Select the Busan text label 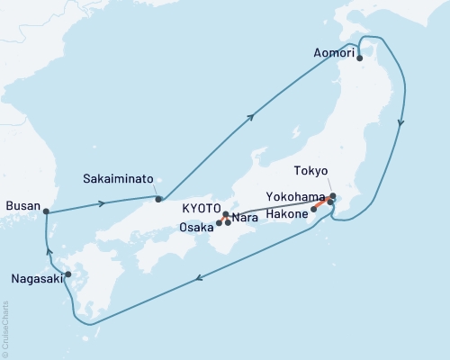pyautogui.click(x=22, y=206)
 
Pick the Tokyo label pyautogui.click(x=310, y=170)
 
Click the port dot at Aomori pyautogui.click(x=360, y=58)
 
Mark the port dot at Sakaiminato pyautogui.click(x=158, y=199)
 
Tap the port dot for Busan pyautogui.click(x=47, y=212)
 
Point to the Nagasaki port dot pyautogui.click(x=67, y=274)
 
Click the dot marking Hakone pyautogui.click(x=313, y=210)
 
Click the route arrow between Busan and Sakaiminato pyautogui.click(x=101, y=202)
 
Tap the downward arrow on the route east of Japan pyautogui.click(x=400, y=123)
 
